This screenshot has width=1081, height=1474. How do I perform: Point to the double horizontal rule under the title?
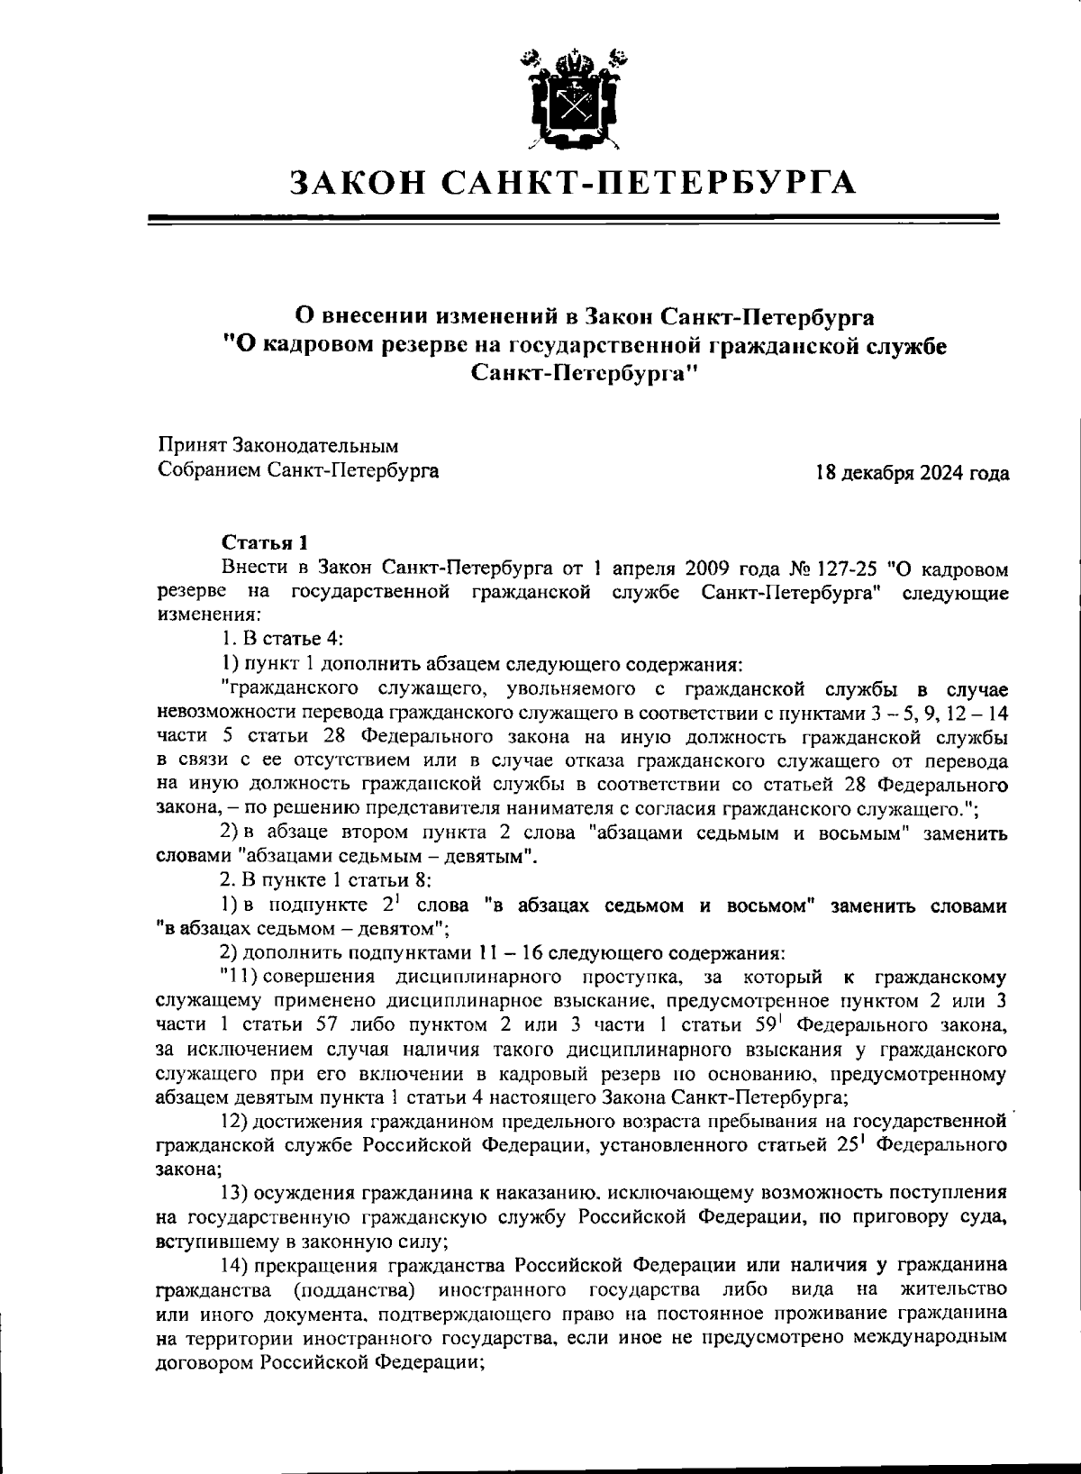click(573, 218)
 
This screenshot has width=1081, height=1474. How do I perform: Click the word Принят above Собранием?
click(192, 445)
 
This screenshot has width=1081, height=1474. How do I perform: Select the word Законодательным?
click(315, 445)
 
